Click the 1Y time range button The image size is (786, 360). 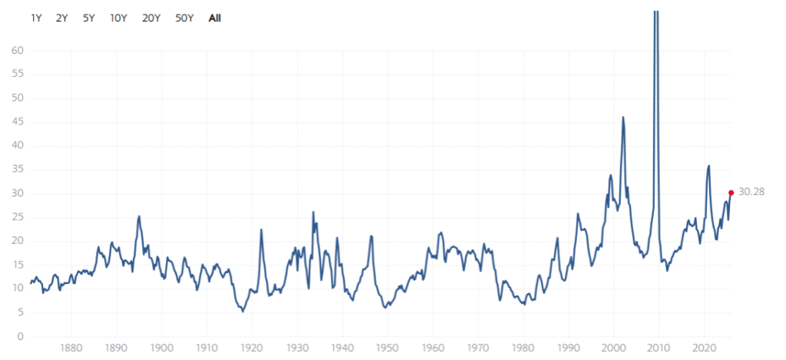pos(36,18)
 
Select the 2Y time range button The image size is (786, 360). pos(62,18)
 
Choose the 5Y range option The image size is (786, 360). pos(88,18)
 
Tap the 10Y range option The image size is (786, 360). pos(118,18)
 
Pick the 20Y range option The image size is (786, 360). pos(151,18)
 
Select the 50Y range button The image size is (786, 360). pos(184,18)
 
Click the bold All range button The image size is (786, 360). pos(215,18)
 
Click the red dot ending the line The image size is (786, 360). pos(731,193)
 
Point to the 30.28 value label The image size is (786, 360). pos(751,192)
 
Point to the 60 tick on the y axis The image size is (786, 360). pos(17,51)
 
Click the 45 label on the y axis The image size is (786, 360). pos(17,122)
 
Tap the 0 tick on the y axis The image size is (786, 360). pos(20,337)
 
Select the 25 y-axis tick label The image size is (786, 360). pos(17,217)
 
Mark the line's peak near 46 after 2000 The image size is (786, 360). pos(623,117)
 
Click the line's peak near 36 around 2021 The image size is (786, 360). pos(708,166)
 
